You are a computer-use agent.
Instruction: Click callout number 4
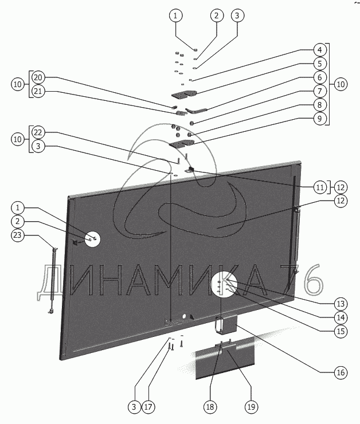tap(319, 50)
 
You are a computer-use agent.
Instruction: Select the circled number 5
tap(319, 64)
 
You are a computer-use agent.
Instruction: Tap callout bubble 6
tap(319, 77)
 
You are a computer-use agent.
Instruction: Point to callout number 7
tap(319, 91)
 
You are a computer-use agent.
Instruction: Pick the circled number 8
tap(319, 105)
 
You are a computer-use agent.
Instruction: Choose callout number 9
tap(319, 119)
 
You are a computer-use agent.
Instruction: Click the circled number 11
tap(319, 186)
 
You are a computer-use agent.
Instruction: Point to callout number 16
tap(341, 372)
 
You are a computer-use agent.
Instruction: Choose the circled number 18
tap(210, 407)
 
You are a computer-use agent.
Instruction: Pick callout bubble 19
tap(250, 407)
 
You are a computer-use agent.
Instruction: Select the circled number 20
tap(38, 77)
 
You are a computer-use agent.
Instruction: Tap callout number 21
tap(38, 91)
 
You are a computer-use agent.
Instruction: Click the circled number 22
tap(38, 132)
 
